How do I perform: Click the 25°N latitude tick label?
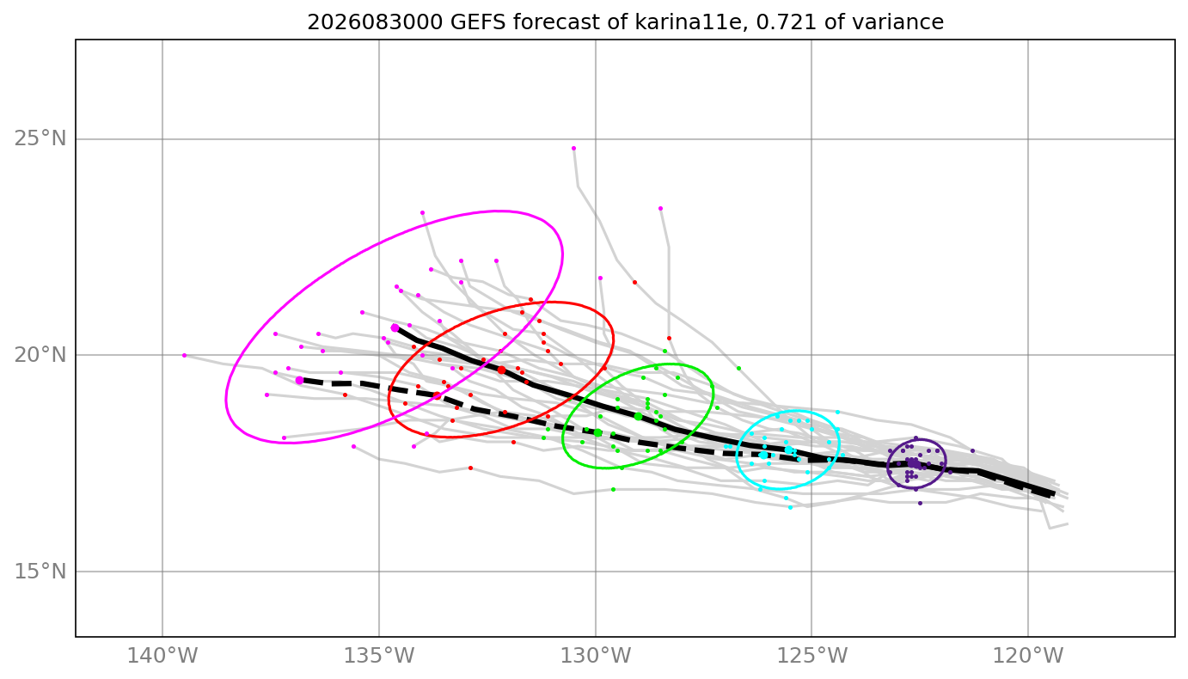(40, 139)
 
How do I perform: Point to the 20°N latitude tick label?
(40, 355)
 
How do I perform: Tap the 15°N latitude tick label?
(40, 572)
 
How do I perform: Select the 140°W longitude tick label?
(162, 656)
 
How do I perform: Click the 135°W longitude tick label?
(379, 656)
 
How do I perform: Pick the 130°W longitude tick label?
(596, 656)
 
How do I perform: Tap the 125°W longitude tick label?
(812, 656)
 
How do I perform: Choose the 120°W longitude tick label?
(1028, 656)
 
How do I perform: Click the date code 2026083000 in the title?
(375, 22)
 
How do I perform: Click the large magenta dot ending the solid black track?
(395, 327)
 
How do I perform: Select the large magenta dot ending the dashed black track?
(299, 381)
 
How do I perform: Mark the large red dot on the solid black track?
(501, 370)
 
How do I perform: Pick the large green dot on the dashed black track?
(597, 433)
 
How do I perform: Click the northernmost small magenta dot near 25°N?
(573, 149)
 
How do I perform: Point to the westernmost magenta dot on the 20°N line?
(184, 356)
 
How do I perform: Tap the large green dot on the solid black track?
(638, 416)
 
